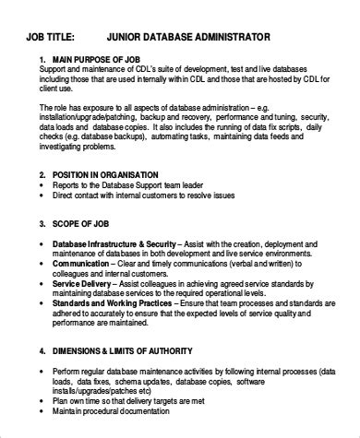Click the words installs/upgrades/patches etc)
pos(106,403)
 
